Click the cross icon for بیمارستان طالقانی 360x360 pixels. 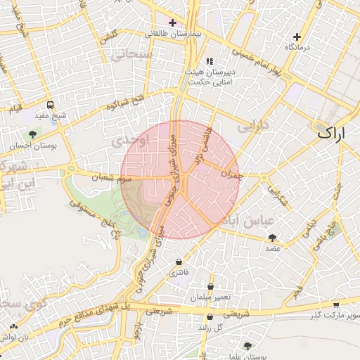click(172, 22)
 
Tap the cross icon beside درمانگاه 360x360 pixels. click(297, 37)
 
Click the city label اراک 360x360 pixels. click(331, 131)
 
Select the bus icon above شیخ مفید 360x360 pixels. click(50, 105)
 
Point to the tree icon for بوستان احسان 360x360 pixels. click(32, 134)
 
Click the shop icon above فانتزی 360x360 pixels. click(179, 262)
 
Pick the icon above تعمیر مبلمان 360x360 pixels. click(212, 286)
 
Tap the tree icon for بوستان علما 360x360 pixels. click(247, 346)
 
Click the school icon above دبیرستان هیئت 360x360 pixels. click(210, 61)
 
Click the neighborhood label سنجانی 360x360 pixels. click(136, 54)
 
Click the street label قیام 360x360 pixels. click(14, 110)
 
